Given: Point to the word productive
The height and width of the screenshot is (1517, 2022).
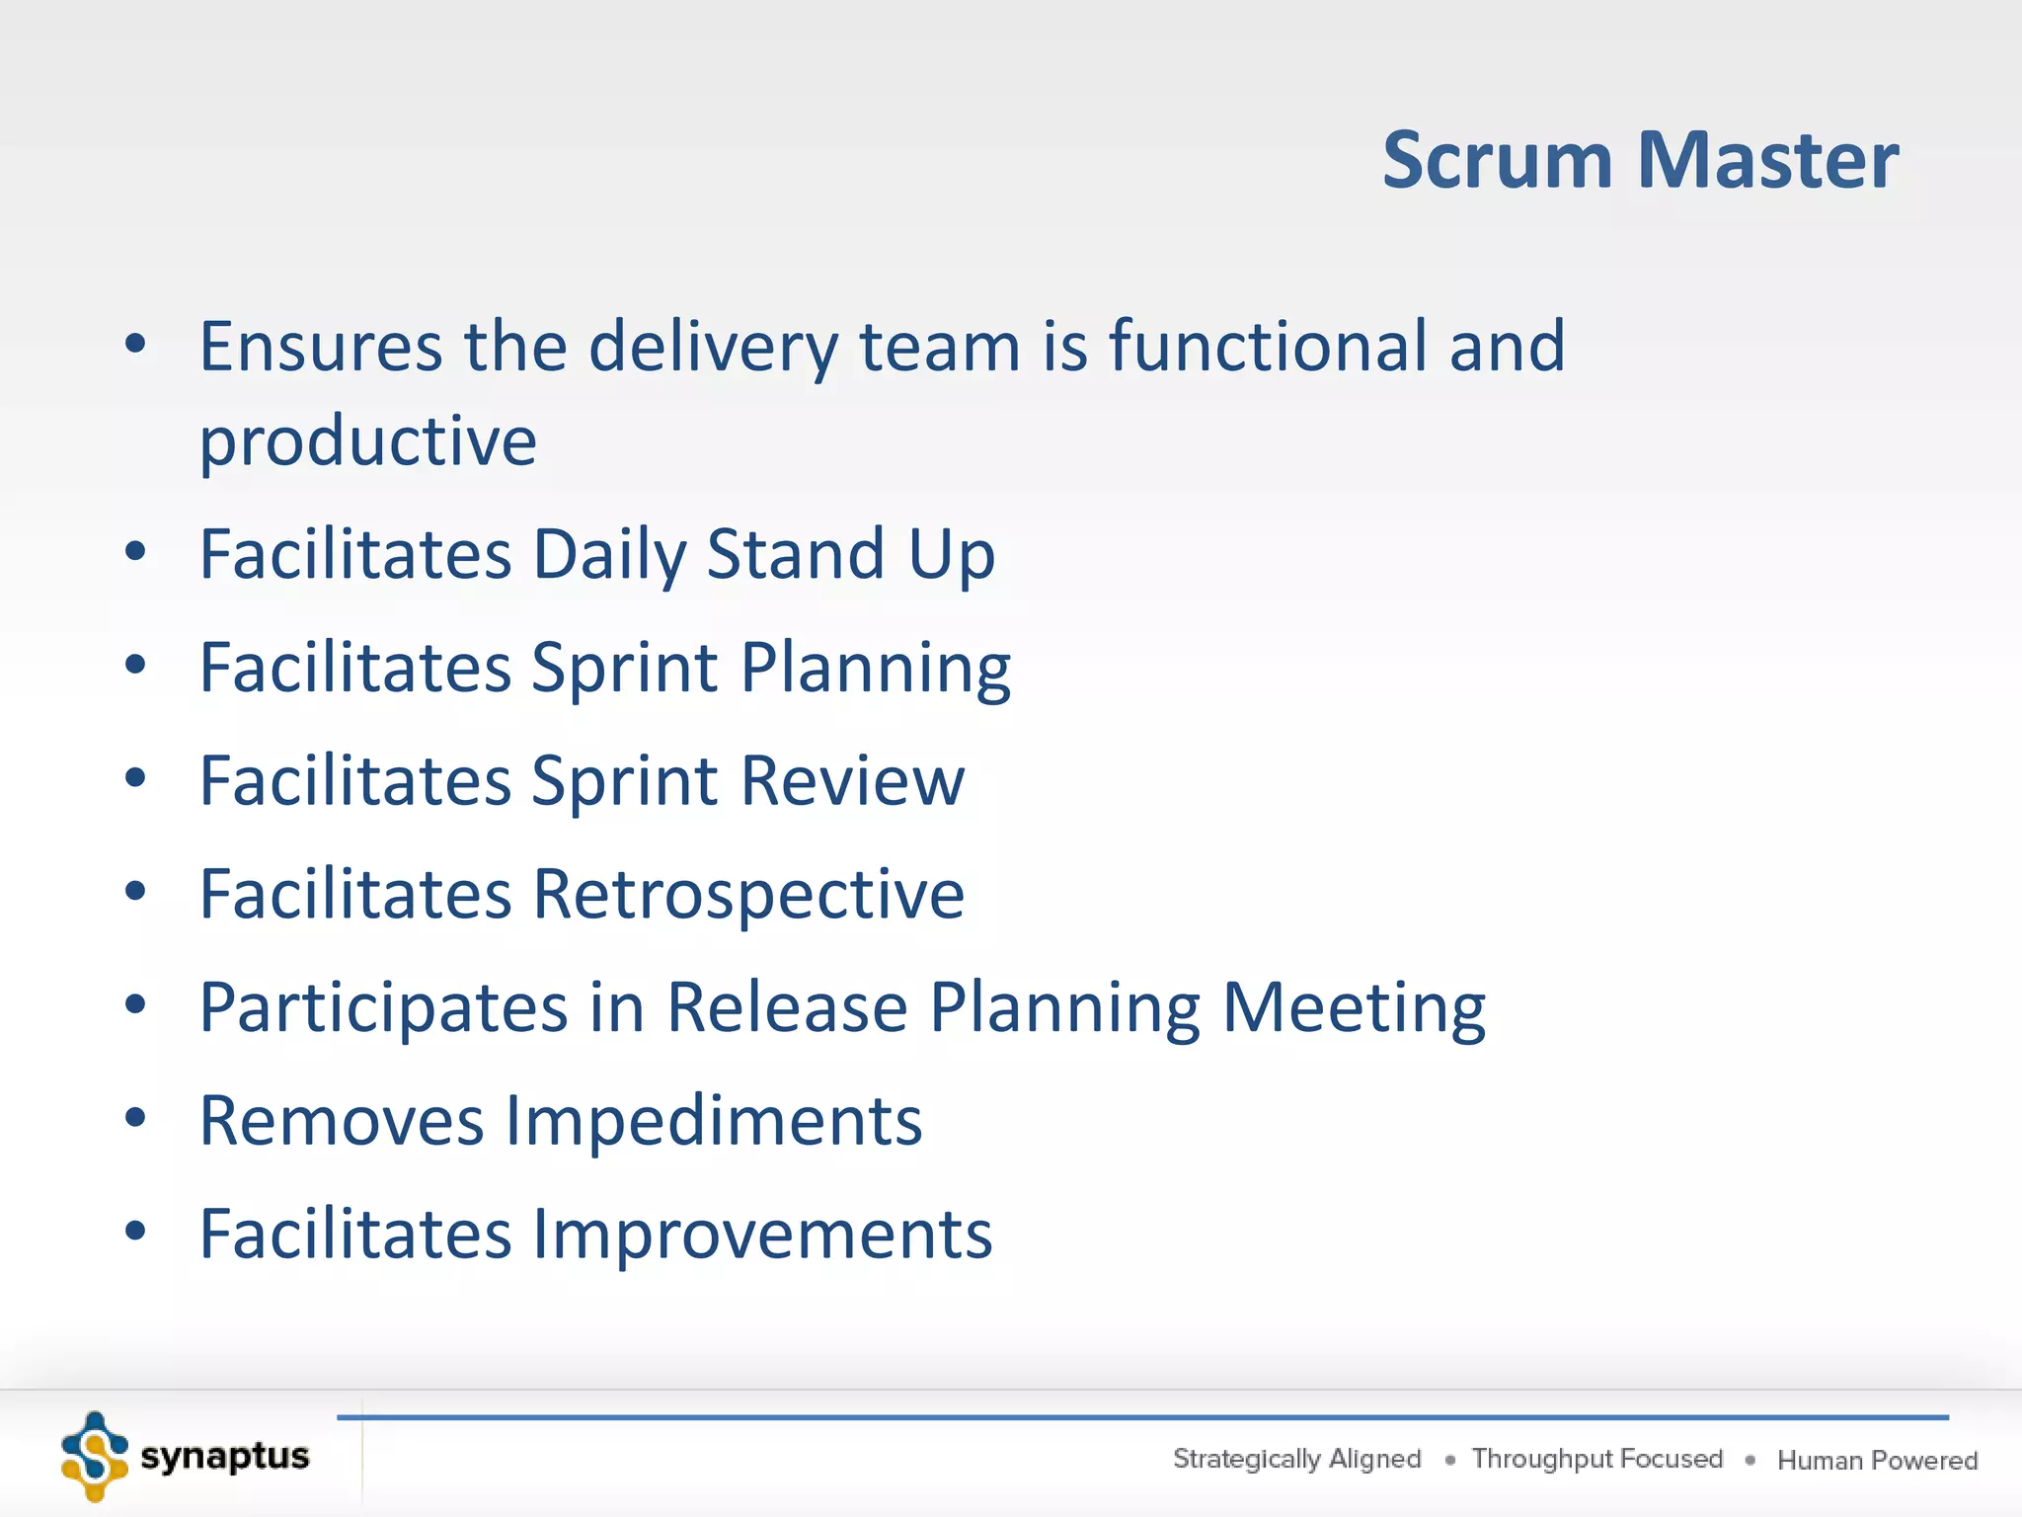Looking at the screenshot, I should (x=367, y=442).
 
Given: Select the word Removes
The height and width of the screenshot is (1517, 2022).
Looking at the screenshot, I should (x=342, y=1122).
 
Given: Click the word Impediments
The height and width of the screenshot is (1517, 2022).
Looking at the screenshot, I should (x=714, y=1122).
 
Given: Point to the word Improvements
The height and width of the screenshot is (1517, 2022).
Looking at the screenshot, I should (x=762, y=1236).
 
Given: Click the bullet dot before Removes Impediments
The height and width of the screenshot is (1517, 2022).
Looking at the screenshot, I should (x=135, y=1119).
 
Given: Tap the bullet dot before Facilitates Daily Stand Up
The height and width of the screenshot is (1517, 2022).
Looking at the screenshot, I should (x=135, y=552).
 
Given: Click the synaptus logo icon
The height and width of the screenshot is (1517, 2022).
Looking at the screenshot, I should (x=94, y=1457).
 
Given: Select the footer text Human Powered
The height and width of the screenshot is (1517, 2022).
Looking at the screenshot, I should (x=1877, y=1460).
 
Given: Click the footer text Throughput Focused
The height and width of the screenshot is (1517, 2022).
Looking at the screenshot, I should (x=1596, y=1459).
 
